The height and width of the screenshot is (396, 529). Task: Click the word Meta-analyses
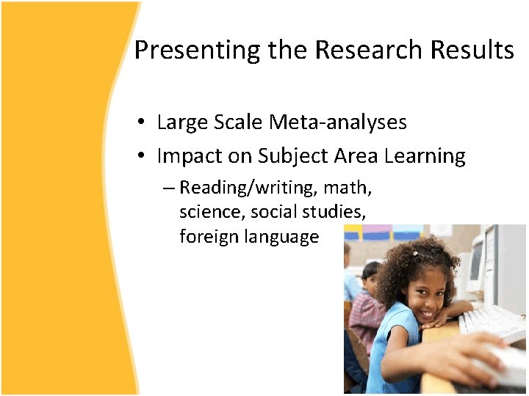(338, 122)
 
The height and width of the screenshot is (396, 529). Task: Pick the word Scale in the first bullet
(239, 122)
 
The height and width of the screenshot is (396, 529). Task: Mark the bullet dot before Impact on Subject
(141, 157)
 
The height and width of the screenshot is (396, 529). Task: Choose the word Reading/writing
(247, 188)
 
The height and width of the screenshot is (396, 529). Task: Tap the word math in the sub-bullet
(346, 188)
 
